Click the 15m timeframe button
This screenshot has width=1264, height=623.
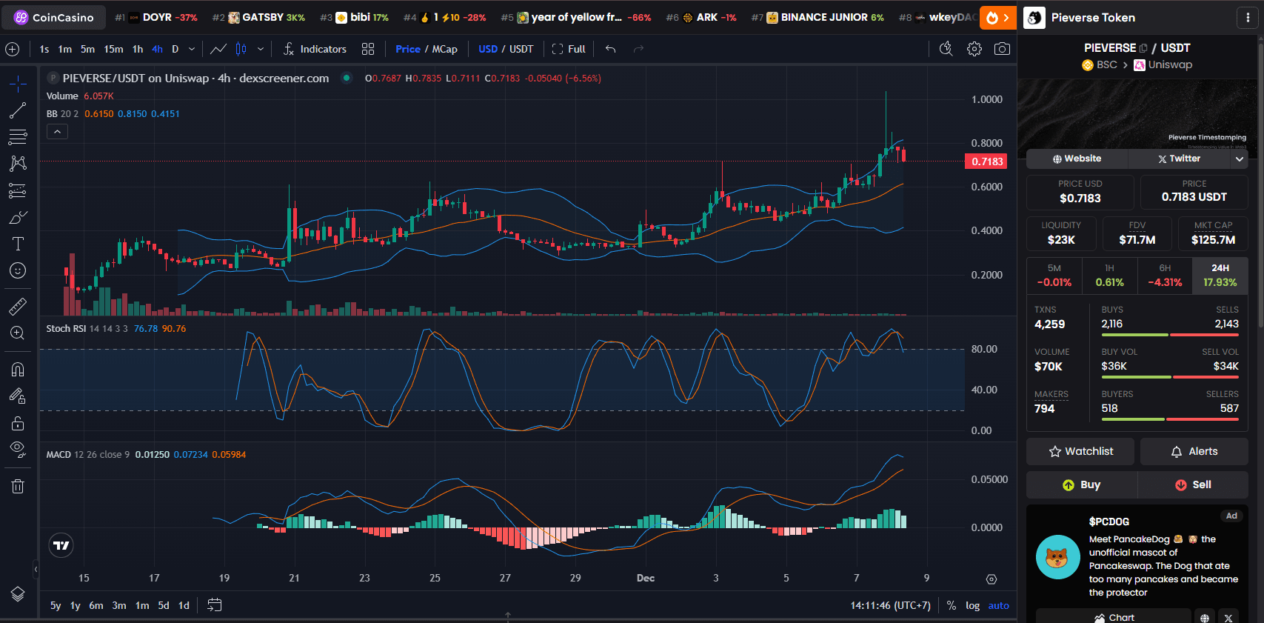[113, 49]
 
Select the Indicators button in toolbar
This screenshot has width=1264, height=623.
[315, 49]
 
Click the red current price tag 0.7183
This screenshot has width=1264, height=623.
[986, 161]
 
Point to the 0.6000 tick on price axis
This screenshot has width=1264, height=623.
[986, 187]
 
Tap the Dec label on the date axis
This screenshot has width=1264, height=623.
[646, 578]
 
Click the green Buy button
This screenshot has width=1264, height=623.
[1082, 484]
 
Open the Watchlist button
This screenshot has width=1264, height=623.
[1080, 451]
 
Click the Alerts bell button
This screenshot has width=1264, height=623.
[1194, 451]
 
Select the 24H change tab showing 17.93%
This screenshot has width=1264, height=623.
[1220, 276]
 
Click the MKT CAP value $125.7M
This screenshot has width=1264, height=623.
[1213, 239]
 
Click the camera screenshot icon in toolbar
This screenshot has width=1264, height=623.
[1001, 49]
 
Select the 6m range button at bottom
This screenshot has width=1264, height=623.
[96, 605]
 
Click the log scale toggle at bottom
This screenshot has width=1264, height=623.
[972, 605]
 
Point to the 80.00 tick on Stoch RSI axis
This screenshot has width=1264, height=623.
[984, 349]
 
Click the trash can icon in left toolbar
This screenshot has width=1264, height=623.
[18, 486]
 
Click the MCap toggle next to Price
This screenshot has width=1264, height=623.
[444, 49]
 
